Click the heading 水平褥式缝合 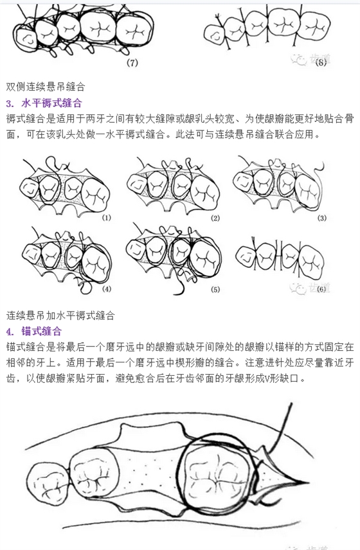[51, 103]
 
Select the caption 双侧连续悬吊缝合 [45, 86]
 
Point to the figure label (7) [133, 62]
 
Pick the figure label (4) [106, 288]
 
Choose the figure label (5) [215, 288]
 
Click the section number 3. [10, 103]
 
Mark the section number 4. [10, 332]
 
